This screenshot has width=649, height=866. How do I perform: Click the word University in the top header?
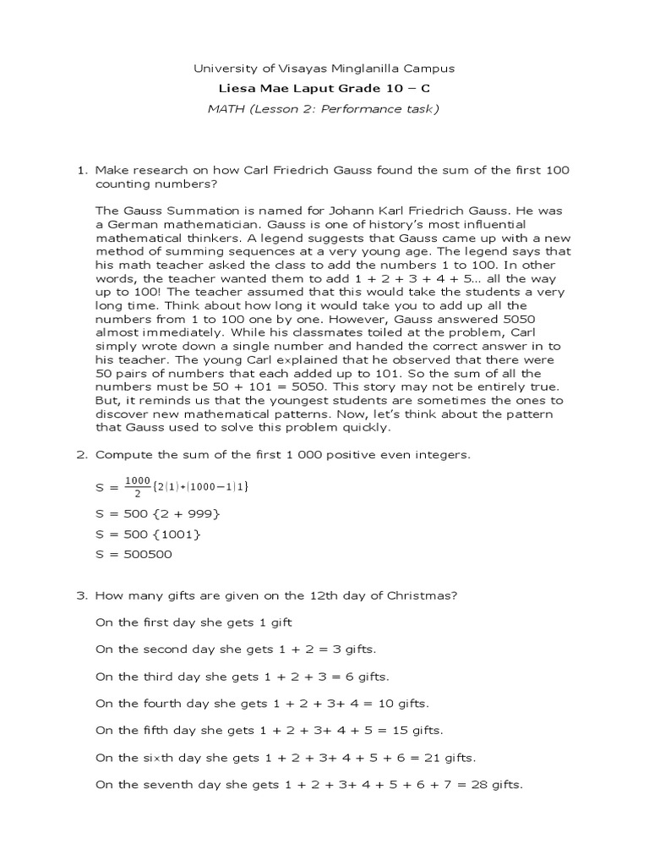(221, 69)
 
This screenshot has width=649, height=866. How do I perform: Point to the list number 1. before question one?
(82, 170)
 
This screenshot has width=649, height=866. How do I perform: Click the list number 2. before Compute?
(82, 455)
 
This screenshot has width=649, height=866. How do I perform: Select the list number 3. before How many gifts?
(82, 595)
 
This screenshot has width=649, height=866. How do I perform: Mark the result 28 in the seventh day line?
(479, 785)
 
